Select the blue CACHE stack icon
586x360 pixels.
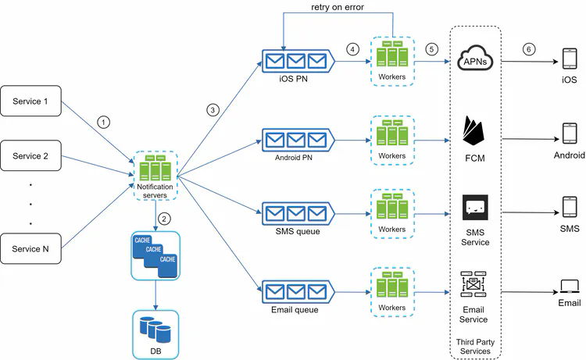point(155,255)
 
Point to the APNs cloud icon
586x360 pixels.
point(476,57)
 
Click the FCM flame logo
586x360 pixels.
point(475,133)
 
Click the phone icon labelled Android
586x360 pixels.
point(569,135)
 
